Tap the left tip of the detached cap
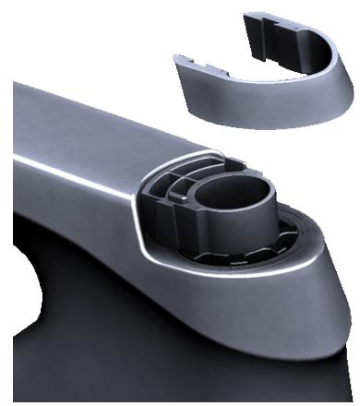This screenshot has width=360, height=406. tap(177, 59)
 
